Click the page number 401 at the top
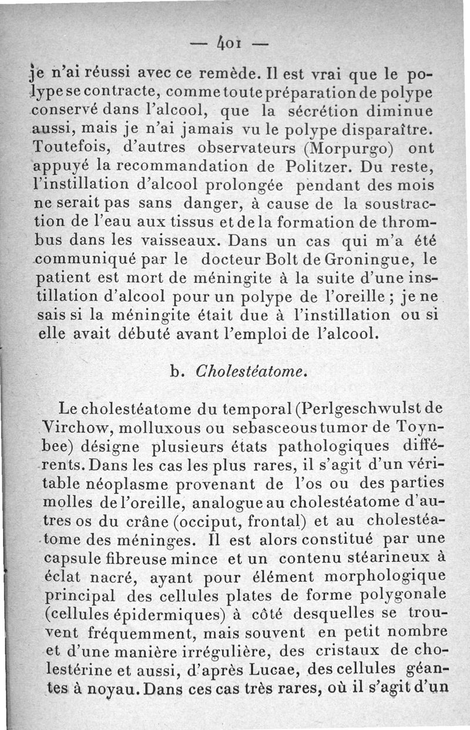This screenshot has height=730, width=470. click(234, 43)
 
